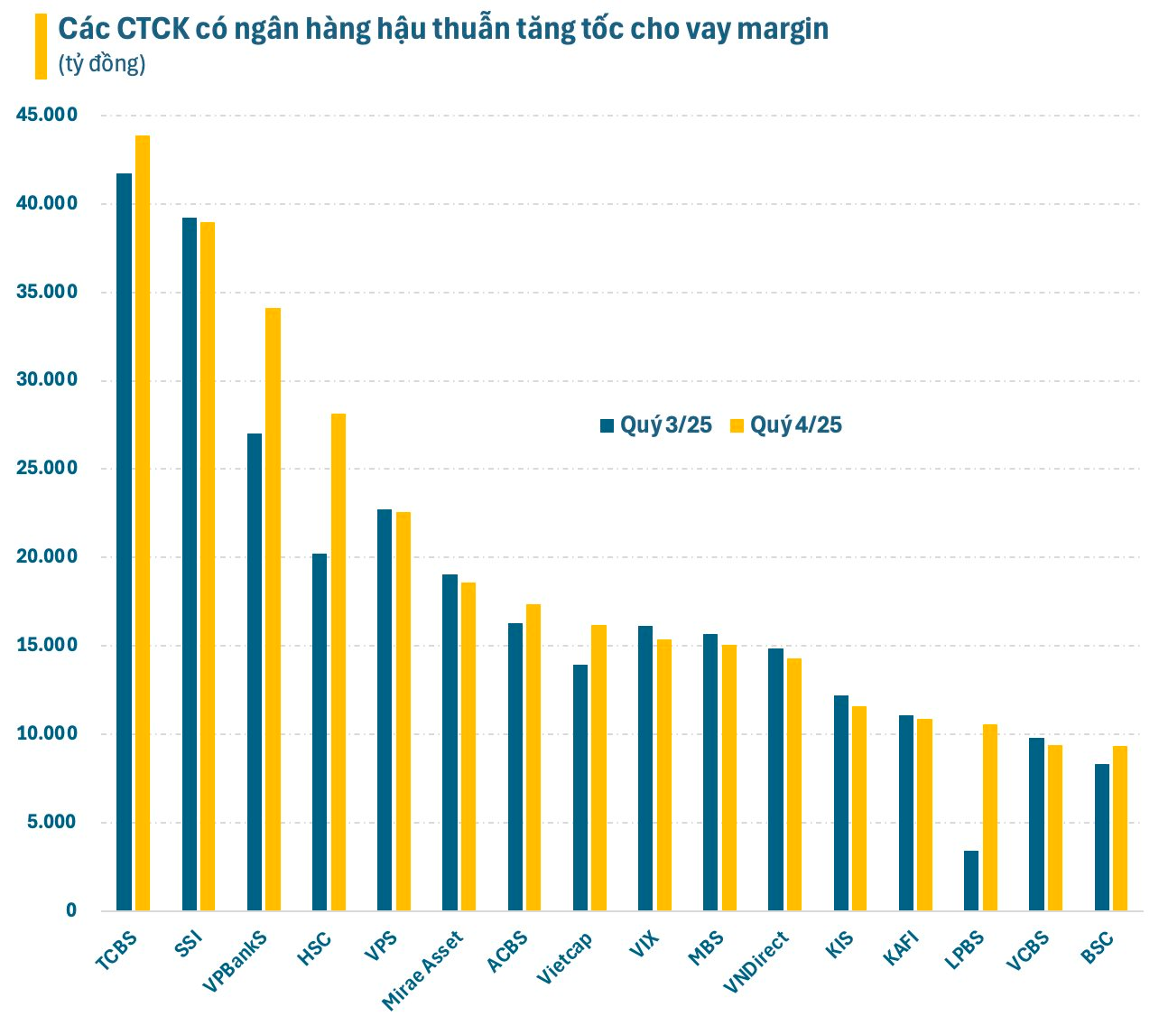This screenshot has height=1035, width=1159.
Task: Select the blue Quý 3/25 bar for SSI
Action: point(190,564)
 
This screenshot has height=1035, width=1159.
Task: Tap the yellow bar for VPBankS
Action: point(273,609)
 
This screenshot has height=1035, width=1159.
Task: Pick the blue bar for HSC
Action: point(320,732)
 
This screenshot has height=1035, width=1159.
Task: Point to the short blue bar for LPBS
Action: point(971,881)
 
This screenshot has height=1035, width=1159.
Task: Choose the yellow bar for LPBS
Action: point(990,816)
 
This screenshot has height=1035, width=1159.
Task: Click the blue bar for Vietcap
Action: point(580,787)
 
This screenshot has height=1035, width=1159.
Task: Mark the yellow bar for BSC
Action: point(1120,827)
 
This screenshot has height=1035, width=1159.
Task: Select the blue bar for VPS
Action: point(385,709)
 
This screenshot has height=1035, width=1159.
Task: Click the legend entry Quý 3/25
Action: point(656,425)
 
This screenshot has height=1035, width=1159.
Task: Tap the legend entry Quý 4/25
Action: point(786,425)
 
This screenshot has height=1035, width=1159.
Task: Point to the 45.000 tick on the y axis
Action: point(47,115)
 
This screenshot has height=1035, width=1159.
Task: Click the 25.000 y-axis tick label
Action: point(47,468)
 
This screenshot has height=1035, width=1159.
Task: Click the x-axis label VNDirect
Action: point(756,962)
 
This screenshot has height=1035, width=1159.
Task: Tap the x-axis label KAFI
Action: point(903,949)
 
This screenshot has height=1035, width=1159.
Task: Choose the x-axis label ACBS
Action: point(507,952)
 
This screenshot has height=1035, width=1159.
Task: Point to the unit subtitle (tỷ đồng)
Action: point(102,64)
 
